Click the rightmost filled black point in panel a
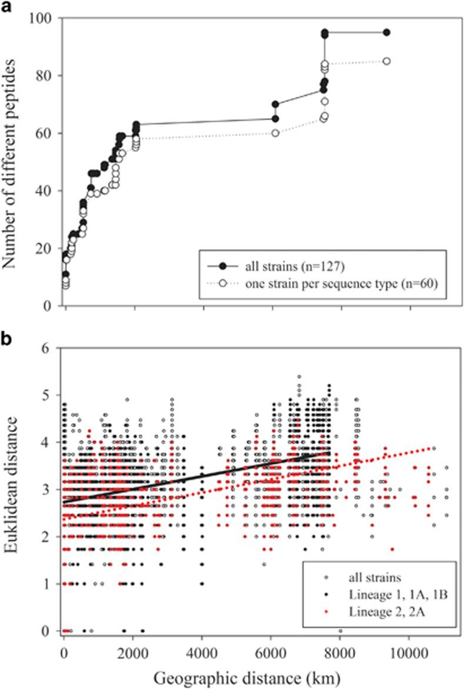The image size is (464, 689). point(386,32)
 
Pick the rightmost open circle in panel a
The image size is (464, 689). point(386,61)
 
